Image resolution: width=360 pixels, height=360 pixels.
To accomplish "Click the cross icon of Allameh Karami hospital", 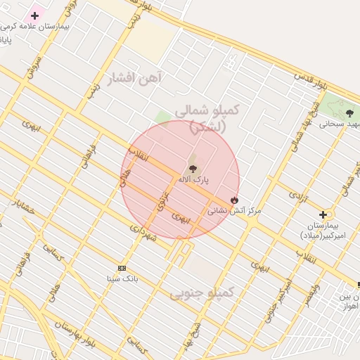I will tap(34, 15).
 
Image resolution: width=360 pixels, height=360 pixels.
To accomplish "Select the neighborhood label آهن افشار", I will tap(134, 77).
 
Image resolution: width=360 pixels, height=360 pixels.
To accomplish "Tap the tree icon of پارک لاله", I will tap(193, 168).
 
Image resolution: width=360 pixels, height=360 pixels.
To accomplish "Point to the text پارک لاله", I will tap(193, 179).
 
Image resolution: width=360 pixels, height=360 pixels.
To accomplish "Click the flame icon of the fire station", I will tap(235, 200).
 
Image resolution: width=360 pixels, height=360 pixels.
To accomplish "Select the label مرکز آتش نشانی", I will tap(234, 210).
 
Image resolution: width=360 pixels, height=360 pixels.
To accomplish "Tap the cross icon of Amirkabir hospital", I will tap(323, 214).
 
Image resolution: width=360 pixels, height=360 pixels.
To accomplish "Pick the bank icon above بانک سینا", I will tap(122, 268).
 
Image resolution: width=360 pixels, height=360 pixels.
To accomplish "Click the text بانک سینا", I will tap(122, 278).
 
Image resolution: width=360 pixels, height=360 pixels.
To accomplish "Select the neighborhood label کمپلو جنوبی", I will tap(202, 292).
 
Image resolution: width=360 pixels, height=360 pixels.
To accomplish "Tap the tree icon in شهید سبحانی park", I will tap(350, 113).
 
